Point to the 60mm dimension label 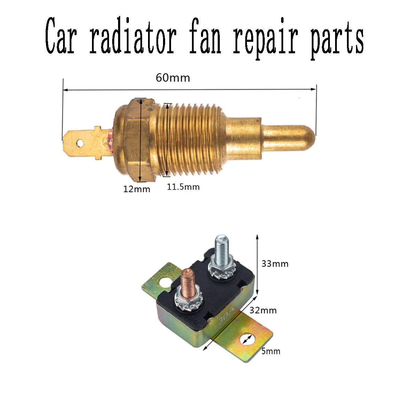coord(173,77)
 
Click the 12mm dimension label coord(137,189)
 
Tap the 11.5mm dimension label coord(183,187)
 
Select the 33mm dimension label coord(275,264)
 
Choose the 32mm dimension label coord(263,310)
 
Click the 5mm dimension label coord(271,351)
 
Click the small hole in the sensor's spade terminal coord(80,143)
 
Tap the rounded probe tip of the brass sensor coord(307,134)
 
